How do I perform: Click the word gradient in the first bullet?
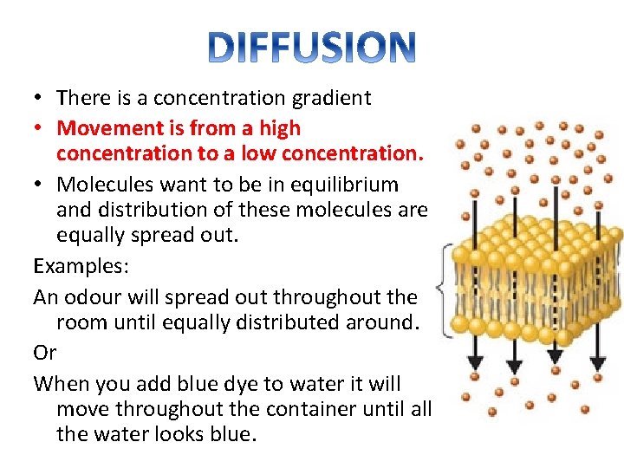[x=333, y=99]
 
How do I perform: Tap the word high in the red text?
[x=279, y=128]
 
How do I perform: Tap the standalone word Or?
[x=44, y=352]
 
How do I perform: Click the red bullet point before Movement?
[x=41, y=129]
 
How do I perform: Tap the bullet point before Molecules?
[x=41, y=185]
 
